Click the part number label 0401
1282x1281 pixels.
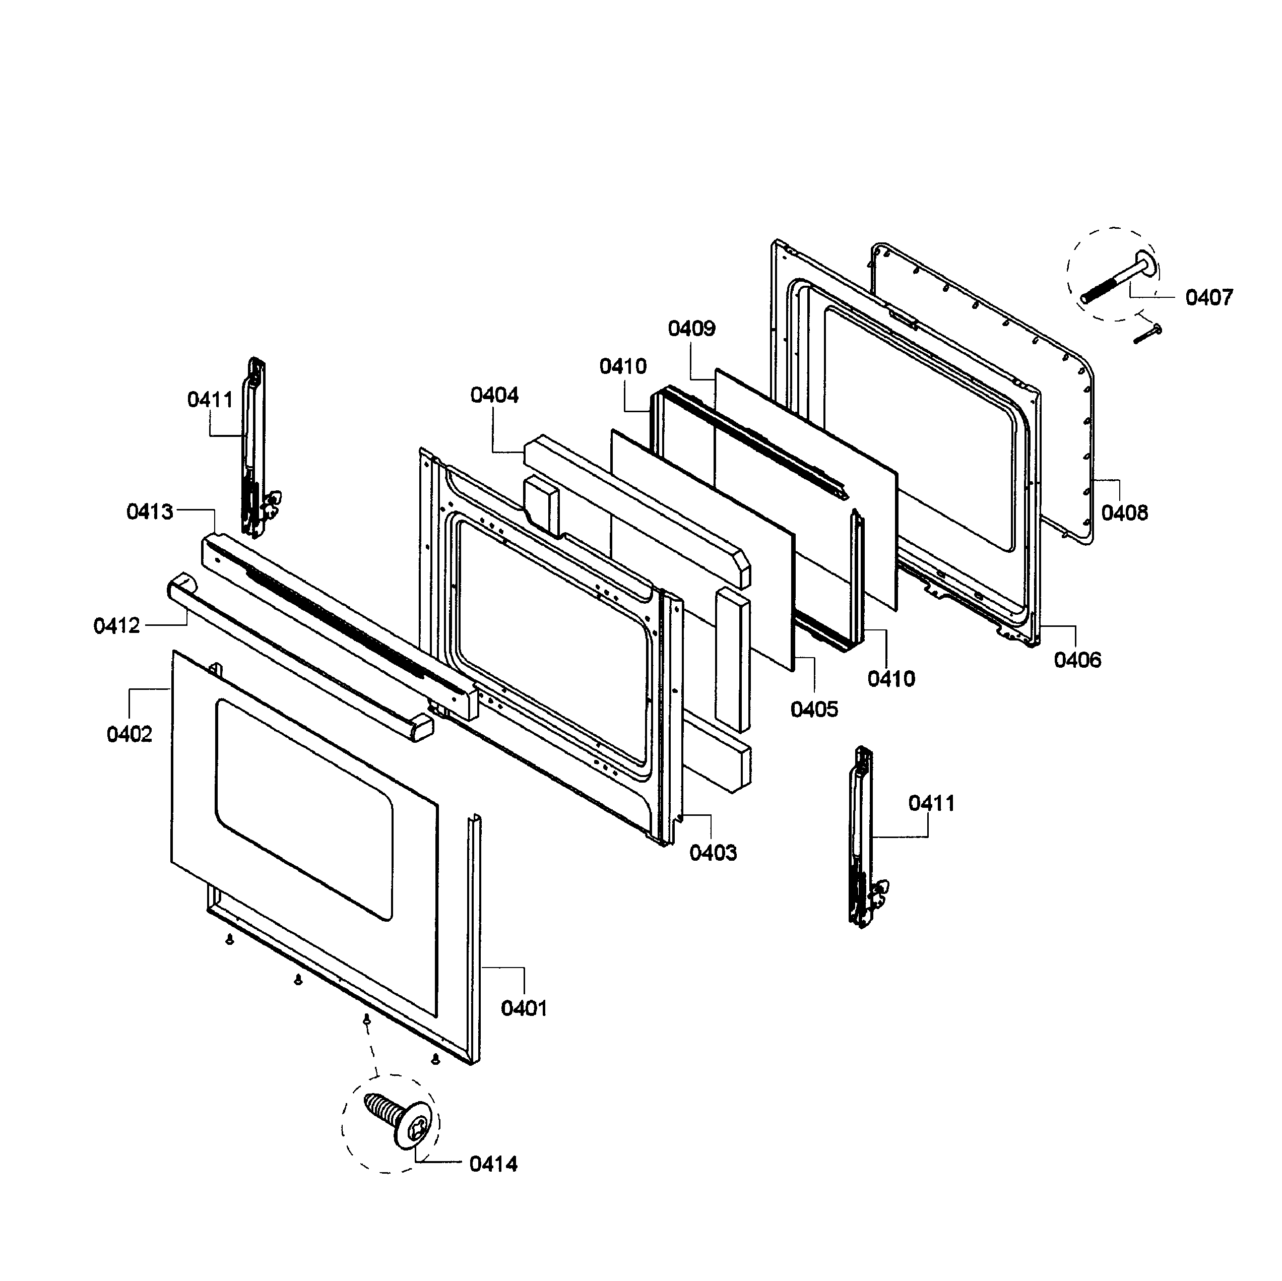[524, 1008]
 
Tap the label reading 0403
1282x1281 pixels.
[713, 852]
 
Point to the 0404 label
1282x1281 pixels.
[494, 395]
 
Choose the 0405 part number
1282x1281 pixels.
[814, 709]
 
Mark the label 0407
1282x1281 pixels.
[1209, 297]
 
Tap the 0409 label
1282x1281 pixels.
[691, 328]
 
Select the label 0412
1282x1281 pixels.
[117, 625]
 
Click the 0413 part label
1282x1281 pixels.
[150, 511]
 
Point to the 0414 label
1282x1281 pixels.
[493, 1164]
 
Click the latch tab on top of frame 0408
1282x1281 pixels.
[903, 318]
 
